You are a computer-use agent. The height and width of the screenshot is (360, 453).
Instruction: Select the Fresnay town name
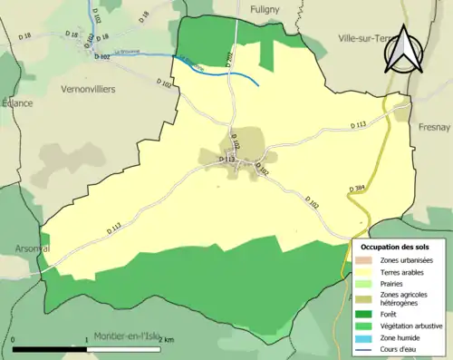pos(434,128)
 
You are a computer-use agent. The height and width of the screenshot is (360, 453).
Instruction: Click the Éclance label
pos(15,102)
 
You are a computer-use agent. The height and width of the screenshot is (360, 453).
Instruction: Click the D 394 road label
pos(356,189)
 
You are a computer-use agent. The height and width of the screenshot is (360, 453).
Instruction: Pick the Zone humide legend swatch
pos(367,335)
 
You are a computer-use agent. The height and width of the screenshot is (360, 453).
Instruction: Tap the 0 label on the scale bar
pos(14,340)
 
